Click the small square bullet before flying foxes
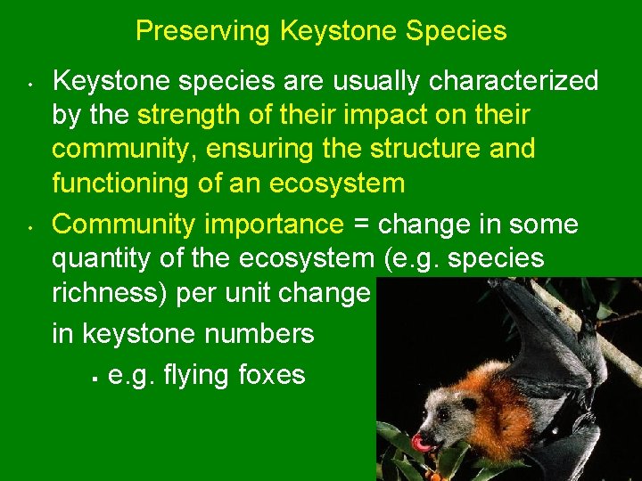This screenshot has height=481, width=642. pyautogui.click(x=93, y=375)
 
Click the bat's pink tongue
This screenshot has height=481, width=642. pyautogui.click(x=421, y=442)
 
